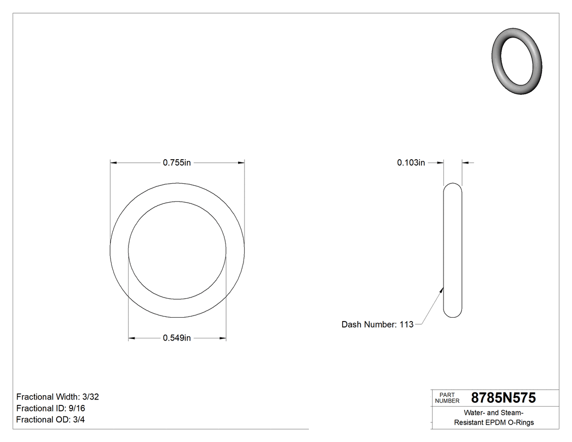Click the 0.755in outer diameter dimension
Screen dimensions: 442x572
click(x=177, y=162)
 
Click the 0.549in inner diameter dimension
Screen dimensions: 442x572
click(x=177, y=338)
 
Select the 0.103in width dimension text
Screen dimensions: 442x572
click(x=411, y=162)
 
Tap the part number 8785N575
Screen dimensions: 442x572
click(x=503, y=398)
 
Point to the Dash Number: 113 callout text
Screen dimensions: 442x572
click(x=377, y=324)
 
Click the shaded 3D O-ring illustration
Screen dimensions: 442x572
click(x=517, y=61)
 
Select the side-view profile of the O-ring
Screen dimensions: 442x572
click(x=453, y=250)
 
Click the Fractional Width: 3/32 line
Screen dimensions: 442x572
click(x=57, y=397)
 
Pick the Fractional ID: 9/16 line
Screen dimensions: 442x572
click(x=51, y=408)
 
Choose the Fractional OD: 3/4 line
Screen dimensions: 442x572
click(x=50, y=420)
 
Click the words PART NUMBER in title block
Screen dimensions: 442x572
click(x=447, y=398)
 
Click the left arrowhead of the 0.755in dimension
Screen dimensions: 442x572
click(x=114, y=162)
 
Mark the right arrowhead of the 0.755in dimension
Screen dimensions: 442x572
click(x=240, y=162)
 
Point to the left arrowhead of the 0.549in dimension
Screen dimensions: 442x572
click(x=132, y=338)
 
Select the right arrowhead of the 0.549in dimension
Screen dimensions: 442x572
click(x=222, y=338)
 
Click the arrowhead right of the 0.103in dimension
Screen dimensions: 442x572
click(x=466, y=162)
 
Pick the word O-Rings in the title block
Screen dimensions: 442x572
click(x=521, y=422)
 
